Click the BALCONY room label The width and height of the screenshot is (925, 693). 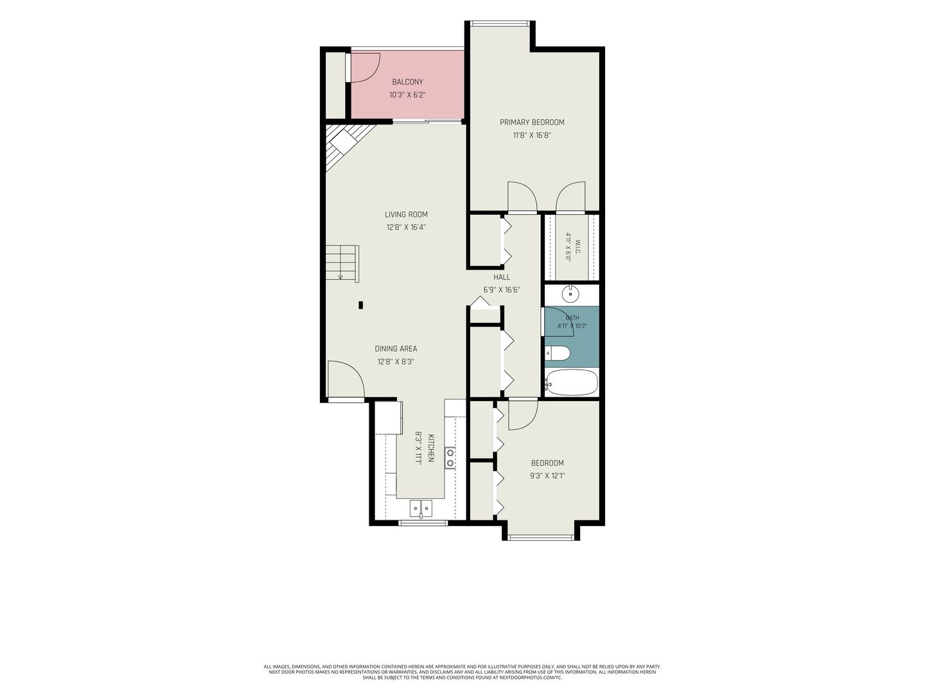pos(407,82)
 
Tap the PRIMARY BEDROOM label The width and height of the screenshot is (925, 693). pos(532,123)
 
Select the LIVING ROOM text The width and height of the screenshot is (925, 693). pos(406,214)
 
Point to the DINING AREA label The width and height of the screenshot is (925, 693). pos(396,349)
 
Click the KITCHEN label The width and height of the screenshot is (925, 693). pos(430,448)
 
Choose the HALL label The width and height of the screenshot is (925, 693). pos(502,277)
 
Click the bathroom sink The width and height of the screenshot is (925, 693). pos(570,293)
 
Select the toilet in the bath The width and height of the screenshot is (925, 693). pos(557,353)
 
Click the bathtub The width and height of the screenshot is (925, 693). pos(571,382)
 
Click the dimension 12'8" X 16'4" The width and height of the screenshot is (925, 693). pos(406,228)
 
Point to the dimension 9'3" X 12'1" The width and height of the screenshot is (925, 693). pos(547,476)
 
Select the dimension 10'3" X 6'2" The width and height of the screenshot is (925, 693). pos(407,95)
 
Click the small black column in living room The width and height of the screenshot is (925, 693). pos(361,305)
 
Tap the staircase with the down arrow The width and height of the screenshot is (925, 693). pos(342,263)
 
